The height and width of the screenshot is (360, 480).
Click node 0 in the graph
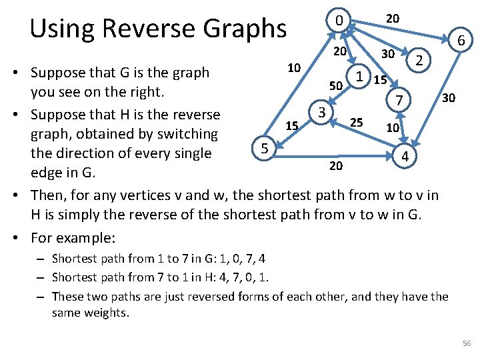tap(339, 21)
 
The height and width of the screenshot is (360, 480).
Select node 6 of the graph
tap(460, 41)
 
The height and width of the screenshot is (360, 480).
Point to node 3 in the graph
tap(321, 112)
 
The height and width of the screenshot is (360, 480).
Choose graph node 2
tap(419, 61)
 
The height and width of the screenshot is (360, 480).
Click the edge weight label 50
tap(336, 86)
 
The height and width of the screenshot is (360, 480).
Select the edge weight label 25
tap(357, 123)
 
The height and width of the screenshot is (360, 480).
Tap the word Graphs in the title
tap(247, 28)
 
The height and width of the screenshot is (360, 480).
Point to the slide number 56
tap(466, 343)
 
